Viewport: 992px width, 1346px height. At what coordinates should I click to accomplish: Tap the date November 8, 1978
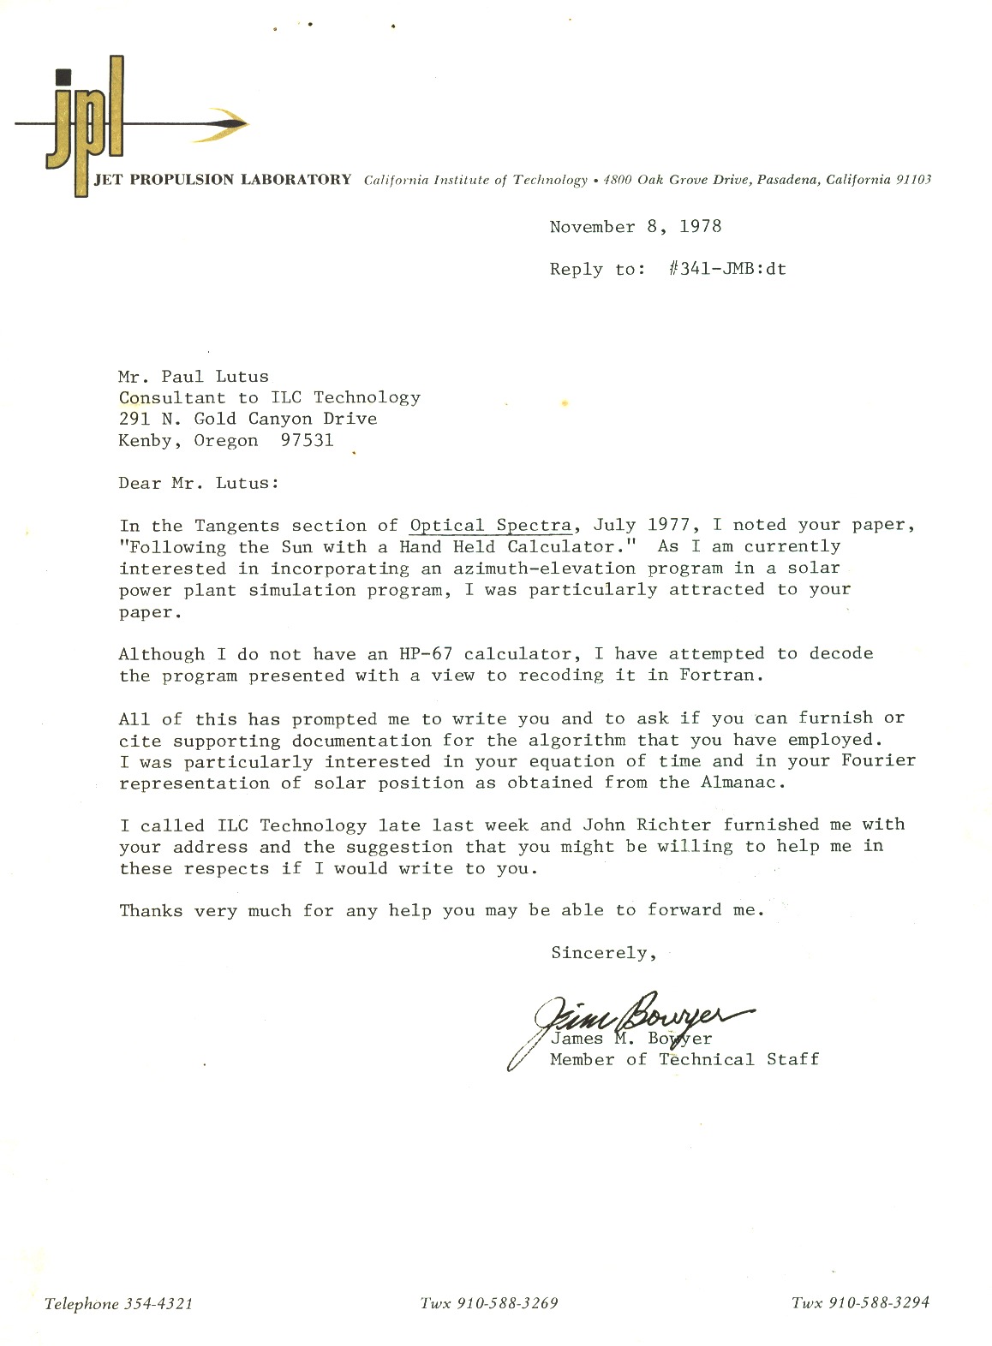pos(635,227)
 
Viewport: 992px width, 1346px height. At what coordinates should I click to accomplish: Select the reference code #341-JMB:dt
pos(726,269)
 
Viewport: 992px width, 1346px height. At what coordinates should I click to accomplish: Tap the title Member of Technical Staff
pos(684,1060)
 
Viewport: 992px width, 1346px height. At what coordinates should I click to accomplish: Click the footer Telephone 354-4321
pos(118,1304)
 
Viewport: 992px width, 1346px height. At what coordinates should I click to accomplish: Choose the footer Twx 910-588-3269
pos(488,1304)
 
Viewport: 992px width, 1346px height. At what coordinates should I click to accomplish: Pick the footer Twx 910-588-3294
pos(860,1304)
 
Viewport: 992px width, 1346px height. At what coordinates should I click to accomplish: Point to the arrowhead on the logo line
pos(227,125)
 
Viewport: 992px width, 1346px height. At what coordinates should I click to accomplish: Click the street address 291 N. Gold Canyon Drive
pos(248,420)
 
